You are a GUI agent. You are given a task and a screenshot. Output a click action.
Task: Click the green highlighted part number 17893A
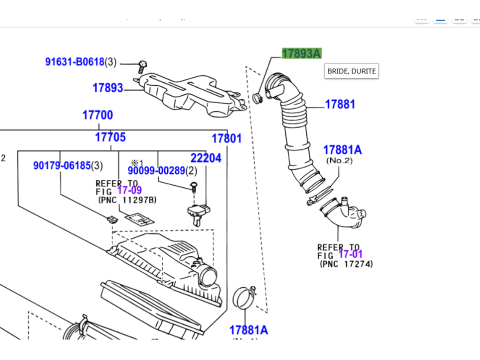tap(301, 54)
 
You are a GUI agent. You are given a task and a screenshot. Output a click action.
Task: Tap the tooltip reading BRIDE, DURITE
tap(350, 71)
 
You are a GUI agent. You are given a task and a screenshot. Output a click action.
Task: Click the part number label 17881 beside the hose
tap(340, 103)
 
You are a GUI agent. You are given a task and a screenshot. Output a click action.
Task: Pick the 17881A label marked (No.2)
tap(342, 149)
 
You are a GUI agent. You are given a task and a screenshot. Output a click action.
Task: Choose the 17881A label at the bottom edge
tap(248, 329)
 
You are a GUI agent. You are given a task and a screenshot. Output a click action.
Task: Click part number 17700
tap(97, 115)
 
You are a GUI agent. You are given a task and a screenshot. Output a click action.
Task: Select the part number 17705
tap(111, 137)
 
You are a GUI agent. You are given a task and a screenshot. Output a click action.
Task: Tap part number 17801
tap(226, 137)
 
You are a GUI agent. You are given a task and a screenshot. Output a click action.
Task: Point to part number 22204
tap(206, 158)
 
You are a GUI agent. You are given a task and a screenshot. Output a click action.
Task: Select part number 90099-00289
tap(156, 171)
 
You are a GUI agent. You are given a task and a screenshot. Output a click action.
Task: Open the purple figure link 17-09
tap(131, 191)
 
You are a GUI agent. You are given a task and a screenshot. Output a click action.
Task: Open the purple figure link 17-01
tap(354, 254)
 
